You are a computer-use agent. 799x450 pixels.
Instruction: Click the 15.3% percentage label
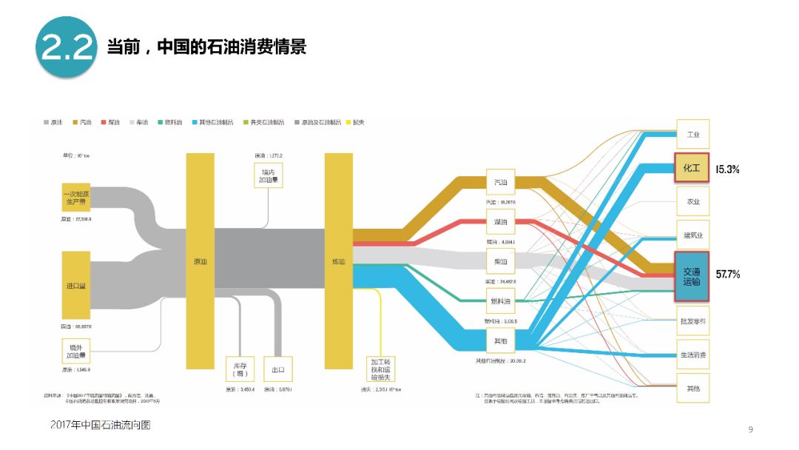click(x=728, y=169)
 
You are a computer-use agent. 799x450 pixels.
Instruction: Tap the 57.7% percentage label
click(x=728, y=275)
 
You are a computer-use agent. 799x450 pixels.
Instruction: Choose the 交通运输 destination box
click(x=692, y=276)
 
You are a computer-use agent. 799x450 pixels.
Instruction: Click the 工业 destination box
click(x=692, y=135)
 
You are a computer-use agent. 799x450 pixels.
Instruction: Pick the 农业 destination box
click(x=692, y=201)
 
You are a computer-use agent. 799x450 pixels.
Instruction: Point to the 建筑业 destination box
click(x=692, y=235)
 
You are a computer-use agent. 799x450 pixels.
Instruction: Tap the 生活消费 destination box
click(x=692, y=355)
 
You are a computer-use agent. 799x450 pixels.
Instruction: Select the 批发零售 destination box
click(x=692, y=321)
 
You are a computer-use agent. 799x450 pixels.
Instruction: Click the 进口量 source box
click(x=76, y=285)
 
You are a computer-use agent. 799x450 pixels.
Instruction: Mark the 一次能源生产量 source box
click(x=76, y=198)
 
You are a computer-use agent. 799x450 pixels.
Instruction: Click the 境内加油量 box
click(x=269, y=175)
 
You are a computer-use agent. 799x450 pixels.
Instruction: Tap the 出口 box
click(x=278, y=369)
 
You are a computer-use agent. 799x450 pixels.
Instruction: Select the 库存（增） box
click(x=240, y=369)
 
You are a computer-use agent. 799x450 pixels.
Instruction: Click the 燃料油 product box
click(x=501, y=300)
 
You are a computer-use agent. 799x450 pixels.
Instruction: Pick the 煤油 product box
click(x=501, y=221)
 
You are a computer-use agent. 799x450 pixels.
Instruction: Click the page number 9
click(x=750, y=429)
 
